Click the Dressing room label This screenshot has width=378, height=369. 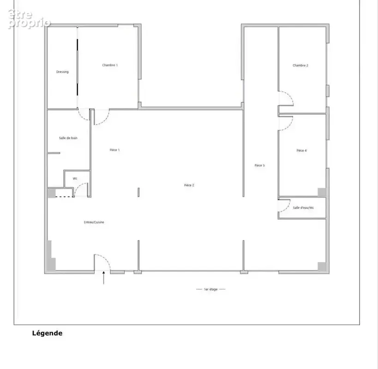pos(62,72)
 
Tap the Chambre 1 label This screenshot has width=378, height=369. pos(110,65)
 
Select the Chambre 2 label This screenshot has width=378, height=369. pos(300,65)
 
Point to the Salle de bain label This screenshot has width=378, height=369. pos(68,138)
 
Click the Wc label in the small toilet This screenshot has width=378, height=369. pos(75,179)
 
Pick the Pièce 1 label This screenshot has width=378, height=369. pos(115,150)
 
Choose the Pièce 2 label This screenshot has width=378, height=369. pos(189,185)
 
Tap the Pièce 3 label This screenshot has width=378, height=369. pos(260,166)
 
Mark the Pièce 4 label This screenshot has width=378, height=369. pos(301,150)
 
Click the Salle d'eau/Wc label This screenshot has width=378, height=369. pos(303,208)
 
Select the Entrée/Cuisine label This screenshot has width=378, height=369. pos(94,222)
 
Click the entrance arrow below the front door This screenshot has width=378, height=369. pos(104,278)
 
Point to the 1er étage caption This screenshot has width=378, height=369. pos(211,289)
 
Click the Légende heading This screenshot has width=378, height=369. pos(47,333)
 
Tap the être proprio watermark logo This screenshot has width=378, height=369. pos(29,19)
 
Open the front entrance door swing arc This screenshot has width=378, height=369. pos(106,259)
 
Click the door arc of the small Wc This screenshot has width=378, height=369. pos(78,186)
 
